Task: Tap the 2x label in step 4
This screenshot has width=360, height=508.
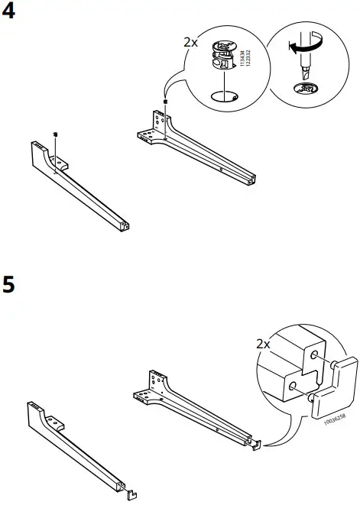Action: click(x=190, y=43)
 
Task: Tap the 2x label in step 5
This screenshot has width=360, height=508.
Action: click(x=263, y=345)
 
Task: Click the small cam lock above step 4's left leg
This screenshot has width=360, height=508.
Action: click(x=57, y=134)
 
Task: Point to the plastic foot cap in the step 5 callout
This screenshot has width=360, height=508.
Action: click(x=333, y=383)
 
